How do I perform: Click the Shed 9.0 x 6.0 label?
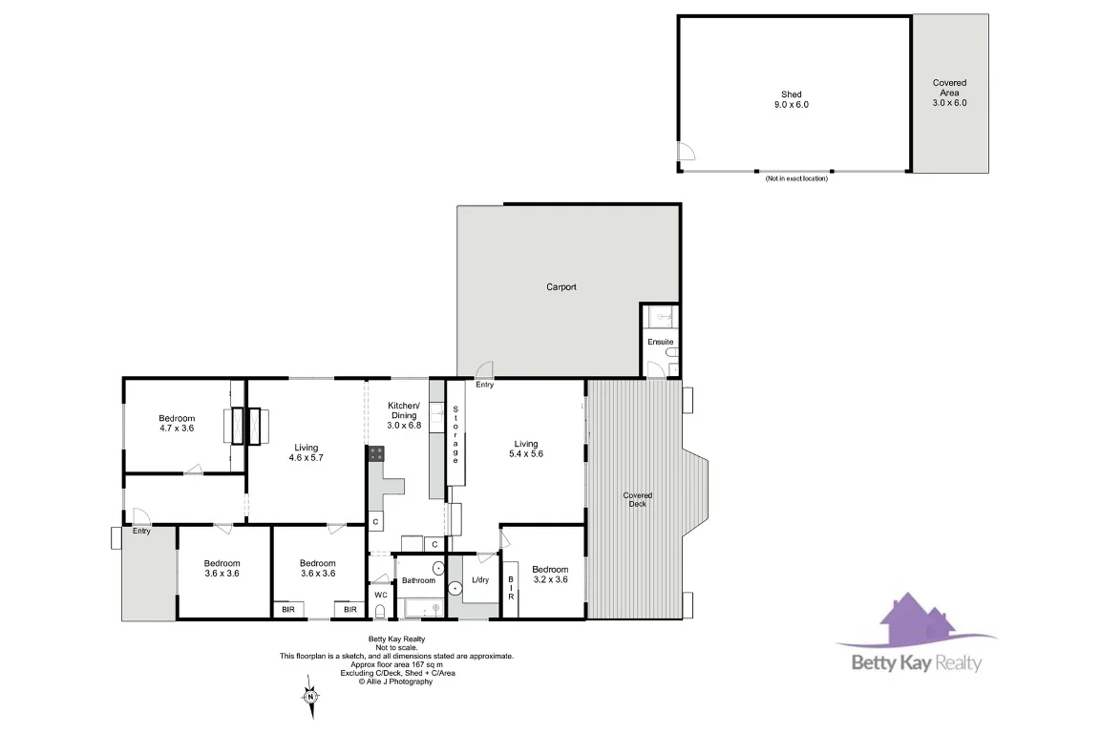[x=791, y=99]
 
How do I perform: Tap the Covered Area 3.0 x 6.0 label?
[x=949, y=93]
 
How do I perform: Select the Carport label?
[x=561, y=286]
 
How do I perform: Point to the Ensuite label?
[x=660, y=342]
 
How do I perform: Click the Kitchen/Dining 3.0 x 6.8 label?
[x=404, y=415]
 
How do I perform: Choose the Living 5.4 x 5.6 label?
[x=526, y=449]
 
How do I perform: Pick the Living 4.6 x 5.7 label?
[x=306, y=452]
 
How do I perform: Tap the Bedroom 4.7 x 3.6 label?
[x=177, y=423]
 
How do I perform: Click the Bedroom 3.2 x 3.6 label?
[x=549, y=574]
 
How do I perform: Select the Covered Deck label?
[x=637, y=499]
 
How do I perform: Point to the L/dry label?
[x=480, y=580]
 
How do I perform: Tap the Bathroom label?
[x=418, y=580]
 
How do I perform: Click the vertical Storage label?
[x=455, y=435]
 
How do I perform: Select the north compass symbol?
[x=310, y=696]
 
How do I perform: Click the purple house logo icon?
[x=907, y=622]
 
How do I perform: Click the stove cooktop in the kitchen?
[x=375, y=454]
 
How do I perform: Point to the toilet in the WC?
[x=379, y=612]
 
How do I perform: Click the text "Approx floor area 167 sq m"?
[x=396, y=664]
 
